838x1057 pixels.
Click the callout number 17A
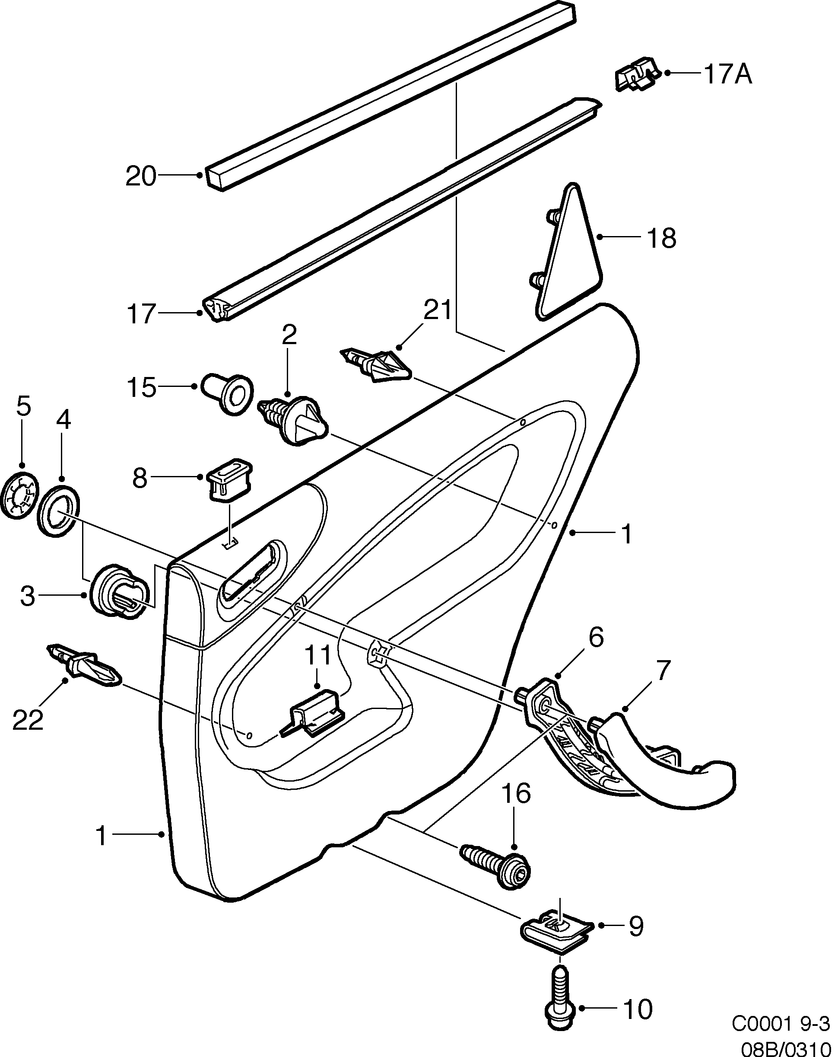[727, 74]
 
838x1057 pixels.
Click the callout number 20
[140, 176]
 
